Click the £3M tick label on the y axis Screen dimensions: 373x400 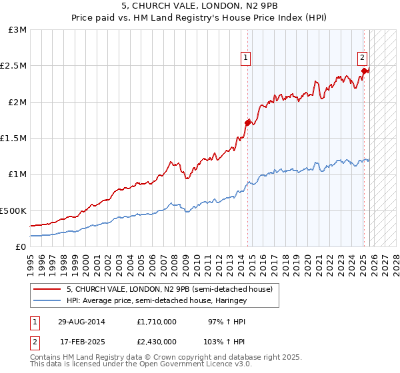tap(18, 30)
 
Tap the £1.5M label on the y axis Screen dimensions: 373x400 tap(14, 138)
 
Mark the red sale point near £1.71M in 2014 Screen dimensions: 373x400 tap(247, 123)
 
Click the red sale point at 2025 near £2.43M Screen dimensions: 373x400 tap(364, 71)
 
